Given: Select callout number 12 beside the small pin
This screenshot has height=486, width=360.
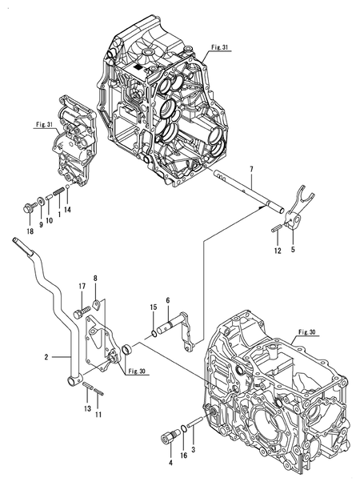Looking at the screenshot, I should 277,250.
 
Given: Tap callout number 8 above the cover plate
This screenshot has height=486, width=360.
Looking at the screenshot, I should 95,279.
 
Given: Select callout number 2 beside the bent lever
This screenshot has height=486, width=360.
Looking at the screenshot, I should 47,356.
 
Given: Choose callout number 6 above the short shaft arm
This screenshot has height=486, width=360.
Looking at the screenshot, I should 167,300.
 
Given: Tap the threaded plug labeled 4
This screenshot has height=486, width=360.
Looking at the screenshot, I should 170,436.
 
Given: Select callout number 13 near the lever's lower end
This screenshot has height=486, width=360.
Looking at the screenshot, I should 85,408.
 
